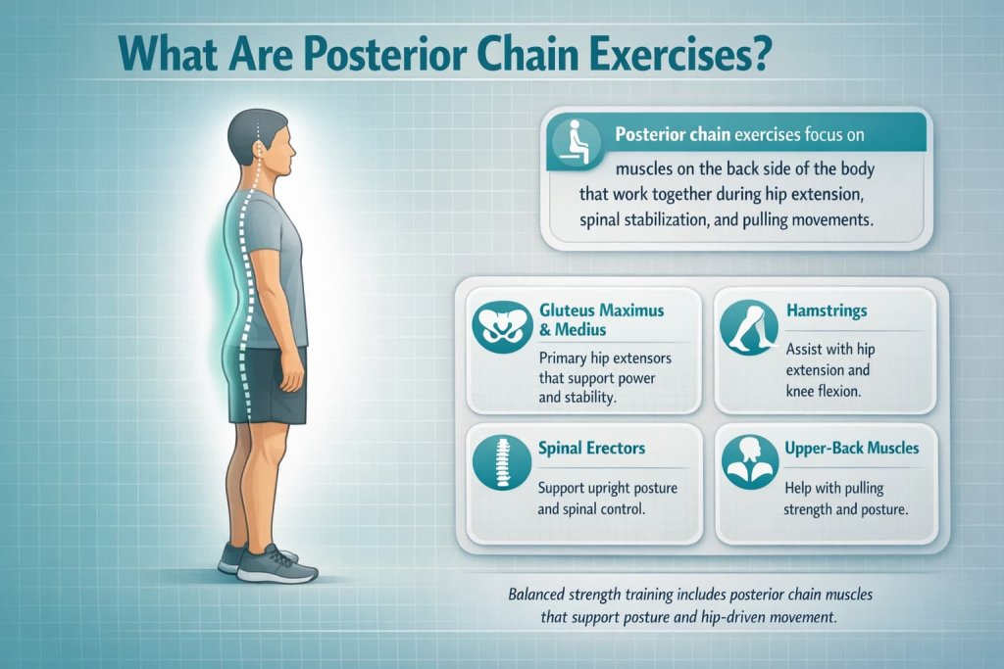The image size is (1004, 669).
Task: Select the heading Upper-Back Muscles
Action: click(x=851, y=448)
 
